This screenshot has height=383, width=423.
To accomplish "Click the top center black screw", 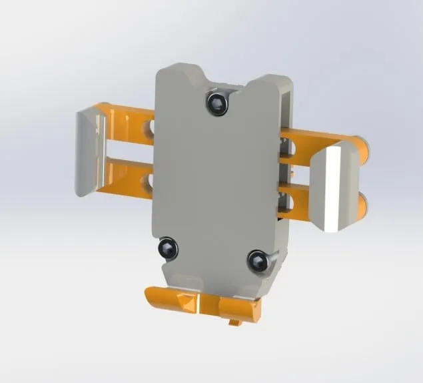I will (x=216, y=103).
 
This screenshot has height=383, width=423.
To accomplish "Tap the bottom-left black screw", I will (x=169, y=250).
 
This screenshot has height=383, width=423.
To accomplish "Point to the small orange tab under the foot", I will (x=234, y=324).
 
